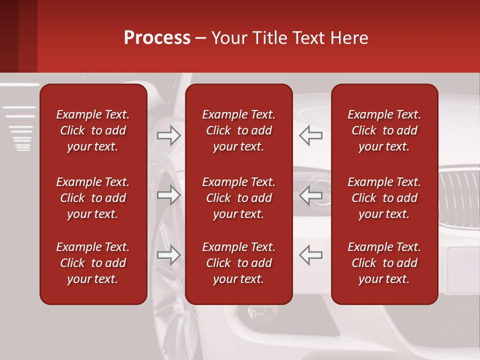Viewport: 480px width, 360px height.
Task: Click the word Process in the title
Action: coord(157,37)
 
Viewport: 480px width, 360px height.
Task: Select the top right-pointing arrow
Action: coord(169,135)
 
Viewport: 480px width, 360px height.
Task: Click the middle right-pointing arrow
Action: coord(169,194)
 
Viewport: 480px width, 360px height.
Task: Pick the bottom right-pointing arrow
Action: coord(169,255)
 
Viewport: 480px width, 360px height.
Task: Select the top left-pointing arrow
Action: coord(310,135)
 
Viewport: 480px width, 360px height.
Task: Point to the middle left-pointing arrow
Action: coord(310,194)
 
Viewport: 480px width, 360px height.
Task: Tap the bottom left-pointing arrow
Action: coord(310,255)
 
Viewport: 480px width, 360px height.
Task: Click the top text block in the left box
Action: coord(93,130)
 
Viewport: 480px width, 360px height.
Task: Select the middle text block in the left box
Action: coord(93,198)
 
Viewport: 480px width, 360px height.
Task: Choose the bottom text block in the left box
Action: coord(93,263)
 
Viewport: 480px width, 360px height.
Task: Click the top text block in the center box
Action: coord(238,130)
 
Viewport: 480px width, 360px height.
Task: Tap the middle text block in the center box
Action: coord(238,198)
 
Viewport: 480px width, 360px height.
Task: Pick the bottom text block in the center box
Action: coord(238,263)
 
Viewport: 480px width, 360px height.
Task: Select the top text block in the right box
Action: coord(384,130)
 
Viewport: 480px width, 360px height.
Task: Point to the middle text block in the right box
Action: coord(384,198)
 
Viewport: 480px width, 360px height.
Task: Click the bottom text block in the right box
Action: coord(384,263)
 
